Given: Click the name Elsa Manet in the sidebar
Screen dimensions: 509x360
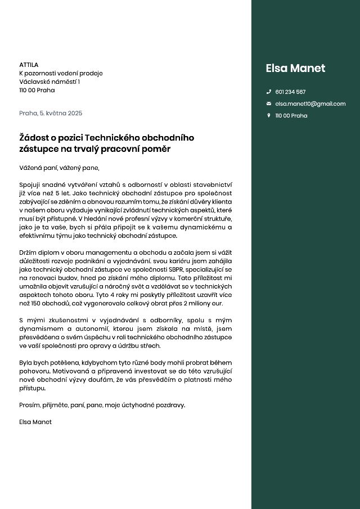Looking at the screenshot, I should (295, 69).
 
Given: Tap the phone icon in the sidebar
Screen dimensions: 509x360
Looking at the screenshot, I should (268, 92).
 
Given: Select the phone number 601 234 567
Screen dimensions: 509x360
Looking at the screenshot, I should (290, 92).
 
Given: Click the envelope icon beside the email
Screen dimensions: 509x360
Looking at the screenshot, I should (268, 103).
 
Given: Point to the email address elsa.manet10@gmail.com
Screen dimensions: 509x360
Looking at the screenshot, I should (310, 103).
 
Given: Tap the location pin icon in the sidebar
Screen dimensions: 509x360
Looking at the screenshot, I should (268, 115).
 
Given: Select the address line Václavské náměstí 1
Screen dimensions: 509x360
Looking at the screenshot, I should (49, 82).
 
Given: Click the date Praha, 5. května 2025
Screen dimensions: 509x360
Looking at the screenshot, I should (51, 113).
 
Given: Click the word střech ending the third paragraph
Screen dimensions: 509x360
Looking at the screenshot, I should (150, 345).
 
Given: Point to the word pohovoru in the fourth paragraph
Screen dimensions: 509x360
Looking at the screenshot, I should (33, 371).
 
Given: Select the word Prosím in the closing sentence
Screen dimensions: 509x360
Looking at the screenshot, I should (29, 405).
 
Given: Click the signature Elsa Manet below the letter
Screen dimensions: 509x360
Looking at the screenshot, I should (35, 422).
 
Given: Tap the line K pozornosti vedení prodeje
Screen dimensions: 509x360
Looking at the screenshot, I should (61, 73).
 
